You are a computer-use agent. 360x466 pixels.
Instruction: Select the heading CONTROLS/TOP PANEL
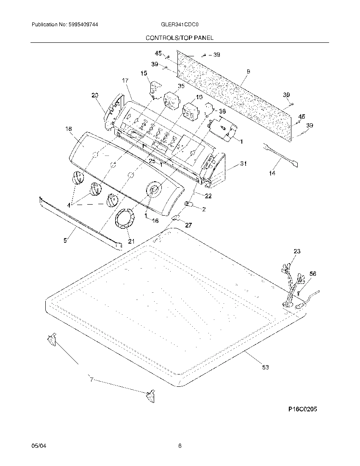pos(180,38)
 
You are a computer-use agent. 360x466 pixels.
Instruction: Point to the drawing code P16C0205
pos(302,409)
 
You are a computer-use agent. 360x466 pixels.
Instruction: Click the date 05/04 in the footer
pos(38,446)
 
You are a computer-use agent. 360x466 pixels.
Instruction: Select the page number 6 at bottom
pos(180,446)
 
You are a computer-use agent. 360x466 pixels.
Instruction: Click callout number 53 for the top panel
pos(265,367)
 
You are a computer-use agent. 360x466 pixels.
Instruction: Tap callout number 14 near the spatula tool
pos(272,173)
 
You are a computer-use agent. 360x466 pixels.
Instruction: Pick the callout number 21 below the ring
pos(131,241)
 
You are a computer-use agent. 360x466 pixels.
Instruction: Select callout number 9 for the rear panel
pos(248,72)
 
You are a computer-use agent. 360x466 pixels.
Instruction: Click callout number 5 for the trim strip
pos(65,240)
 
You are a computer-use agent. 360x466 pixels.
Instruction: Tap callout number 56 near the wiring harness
pos(313,274)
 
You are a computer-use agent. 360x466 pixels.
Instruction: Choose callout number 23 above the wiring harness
pos(297,251)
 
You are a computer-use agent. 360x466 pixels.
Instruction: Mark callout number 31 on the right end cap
pos(243,164)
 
